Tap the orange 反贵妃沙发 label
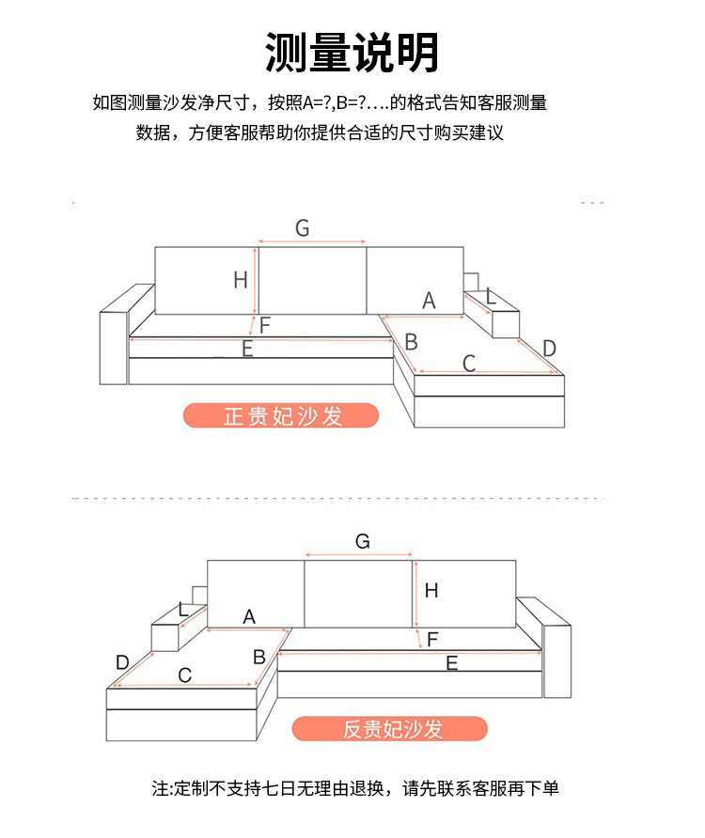[x=390, y=729]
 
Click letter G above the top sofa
[x=302, y=227]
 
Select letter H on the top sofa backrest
[x=241, y=279]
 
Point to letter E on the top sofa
[x=247, y=349]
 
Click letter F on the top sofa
[x=265, y=326]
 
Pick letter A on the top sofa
[x=429, y=301]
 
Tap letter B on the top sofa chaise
[x=411, y=341]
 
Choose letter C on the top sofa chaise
[x=469, y=363]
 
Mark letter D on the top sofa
[x=550, y=349]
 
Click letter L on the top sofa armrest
[x=491, y=297]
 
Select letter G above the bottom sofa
[x=363, y=541]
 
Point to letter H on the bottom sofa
[x=431, y=591]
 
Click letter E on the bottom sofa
[x=452, y=663]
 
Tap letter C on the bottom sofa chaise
[x=184, y=675]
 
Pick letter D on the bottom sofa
[x=122, y=662]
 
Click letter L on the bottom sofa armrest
[x=183, y=611]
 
